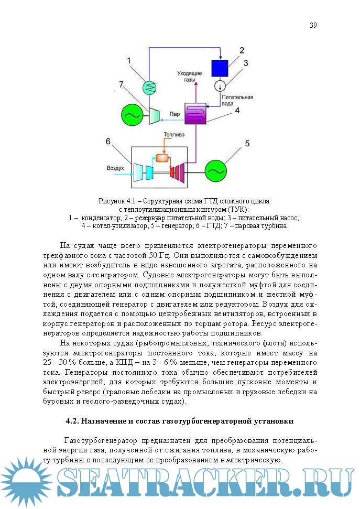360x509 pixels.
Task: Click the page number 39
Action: tap(313, 25)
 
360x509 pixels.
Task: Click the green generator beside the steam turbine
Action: tap(131, 113)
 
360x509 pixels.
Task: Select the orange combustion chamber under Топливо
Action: tap(164, 157)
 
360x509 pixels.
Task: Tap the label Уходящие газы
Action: tap(188, 77)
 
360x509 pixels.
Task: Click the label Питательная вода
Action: tap(237, 100)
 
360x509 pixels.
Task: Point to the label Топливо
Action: tap(174, 135)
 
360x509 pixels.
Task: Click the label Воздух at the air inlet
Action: tap(115, 169)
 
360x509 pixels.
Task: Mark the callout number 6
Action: tap(108, 141)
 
